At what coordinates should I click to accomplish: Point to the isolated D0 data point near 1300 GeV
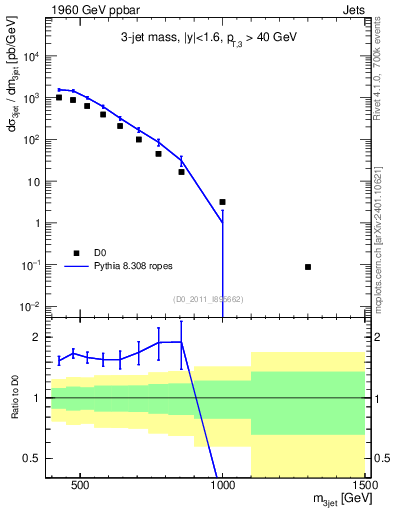point(308,267)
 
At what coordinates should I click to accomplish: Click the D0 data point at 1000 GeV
point(223,202)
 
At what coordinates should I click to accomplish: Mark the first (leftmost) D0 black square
point(59,98)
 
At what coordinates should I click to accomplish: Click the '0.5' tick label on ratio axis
point(32,458)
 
